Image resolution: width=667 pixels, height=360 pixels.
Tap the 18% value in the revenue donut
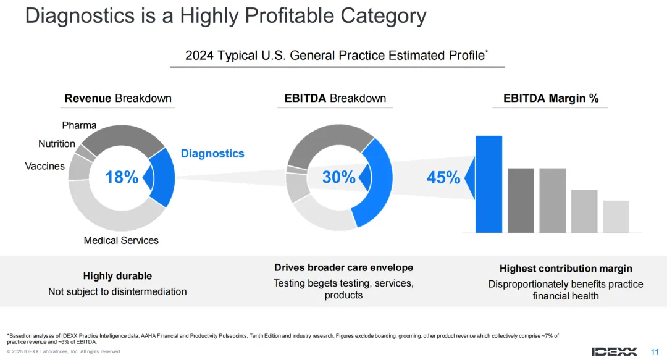tap(122, 178)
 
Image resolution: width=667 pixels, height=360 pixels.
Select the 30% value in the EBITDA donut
tap(339, 178)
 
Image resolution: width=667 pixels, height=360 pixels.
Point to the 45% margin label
tap(443, 178)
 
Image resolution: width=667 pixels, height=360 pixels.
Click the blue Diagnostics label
tap(212, 154)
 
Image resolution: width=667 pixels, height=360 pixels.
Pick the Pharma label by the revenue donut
tap(79, 125)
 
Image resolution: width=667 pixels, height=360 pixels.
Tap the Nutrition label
tap(57, 144)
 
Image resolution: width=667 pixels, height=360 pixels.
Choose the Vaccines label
tap(44, 166)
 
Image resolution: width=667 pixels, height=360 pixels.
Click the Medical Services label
tap(121, 240)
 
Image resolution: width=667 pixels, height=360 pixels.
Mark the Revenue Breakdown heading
tap(118, 98)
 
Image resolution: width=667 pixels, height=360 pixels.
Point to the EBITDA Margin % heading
tap(551, 98)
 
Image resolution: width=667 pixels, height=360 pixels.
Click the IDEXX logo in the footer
tap(614, 351)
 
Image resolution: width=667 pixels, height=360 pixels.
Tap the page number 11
tap(655, 351)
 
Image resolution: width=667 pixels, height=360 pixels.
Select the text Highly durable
tap(117, 276)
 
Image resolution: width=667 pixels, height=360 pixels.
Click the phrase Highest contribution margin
tap(566, 269)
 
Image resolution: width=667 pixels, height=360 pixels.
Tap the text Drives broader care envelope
tap(343, 267)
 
